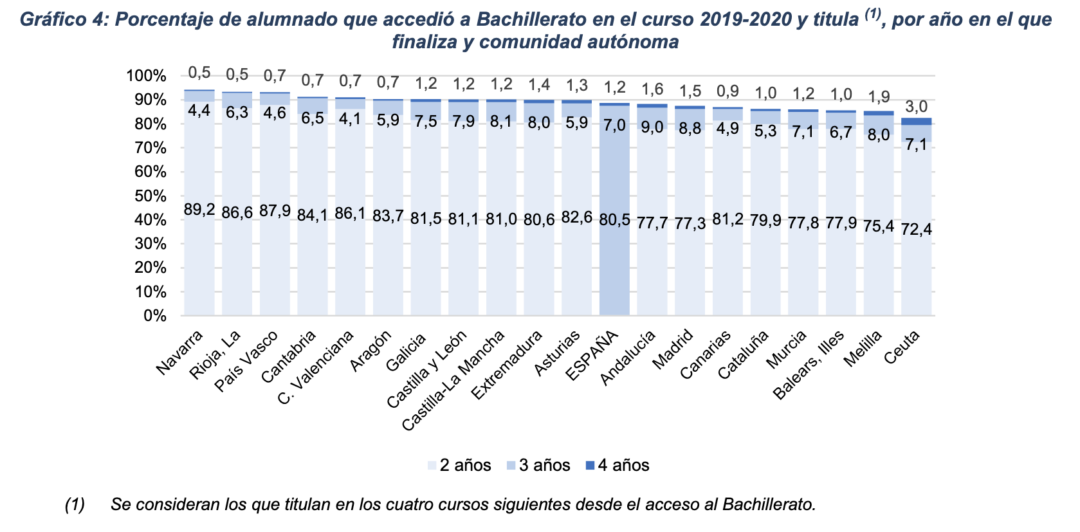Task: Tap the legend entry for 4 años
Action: coord(617,465)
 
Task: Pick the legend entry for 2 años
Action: coord(459,465)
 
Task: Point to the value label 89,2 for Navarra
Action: coord(199,210)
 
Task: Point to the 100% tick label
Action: coord(146,76)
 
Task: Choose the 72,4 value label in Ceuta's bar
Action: coord(917,228)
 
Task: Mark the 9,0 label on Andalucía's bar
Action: coord(652,127)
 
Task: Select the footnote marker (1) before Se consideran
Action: coord(75,504)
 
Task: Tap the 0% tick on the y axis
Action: coord(154,316)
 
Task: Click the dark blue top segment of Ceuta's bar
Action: coord(917,121)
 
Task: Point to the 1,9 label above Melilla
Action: coord(879,96)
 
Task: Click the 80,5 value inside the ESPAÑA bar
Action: coord(614,219)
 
